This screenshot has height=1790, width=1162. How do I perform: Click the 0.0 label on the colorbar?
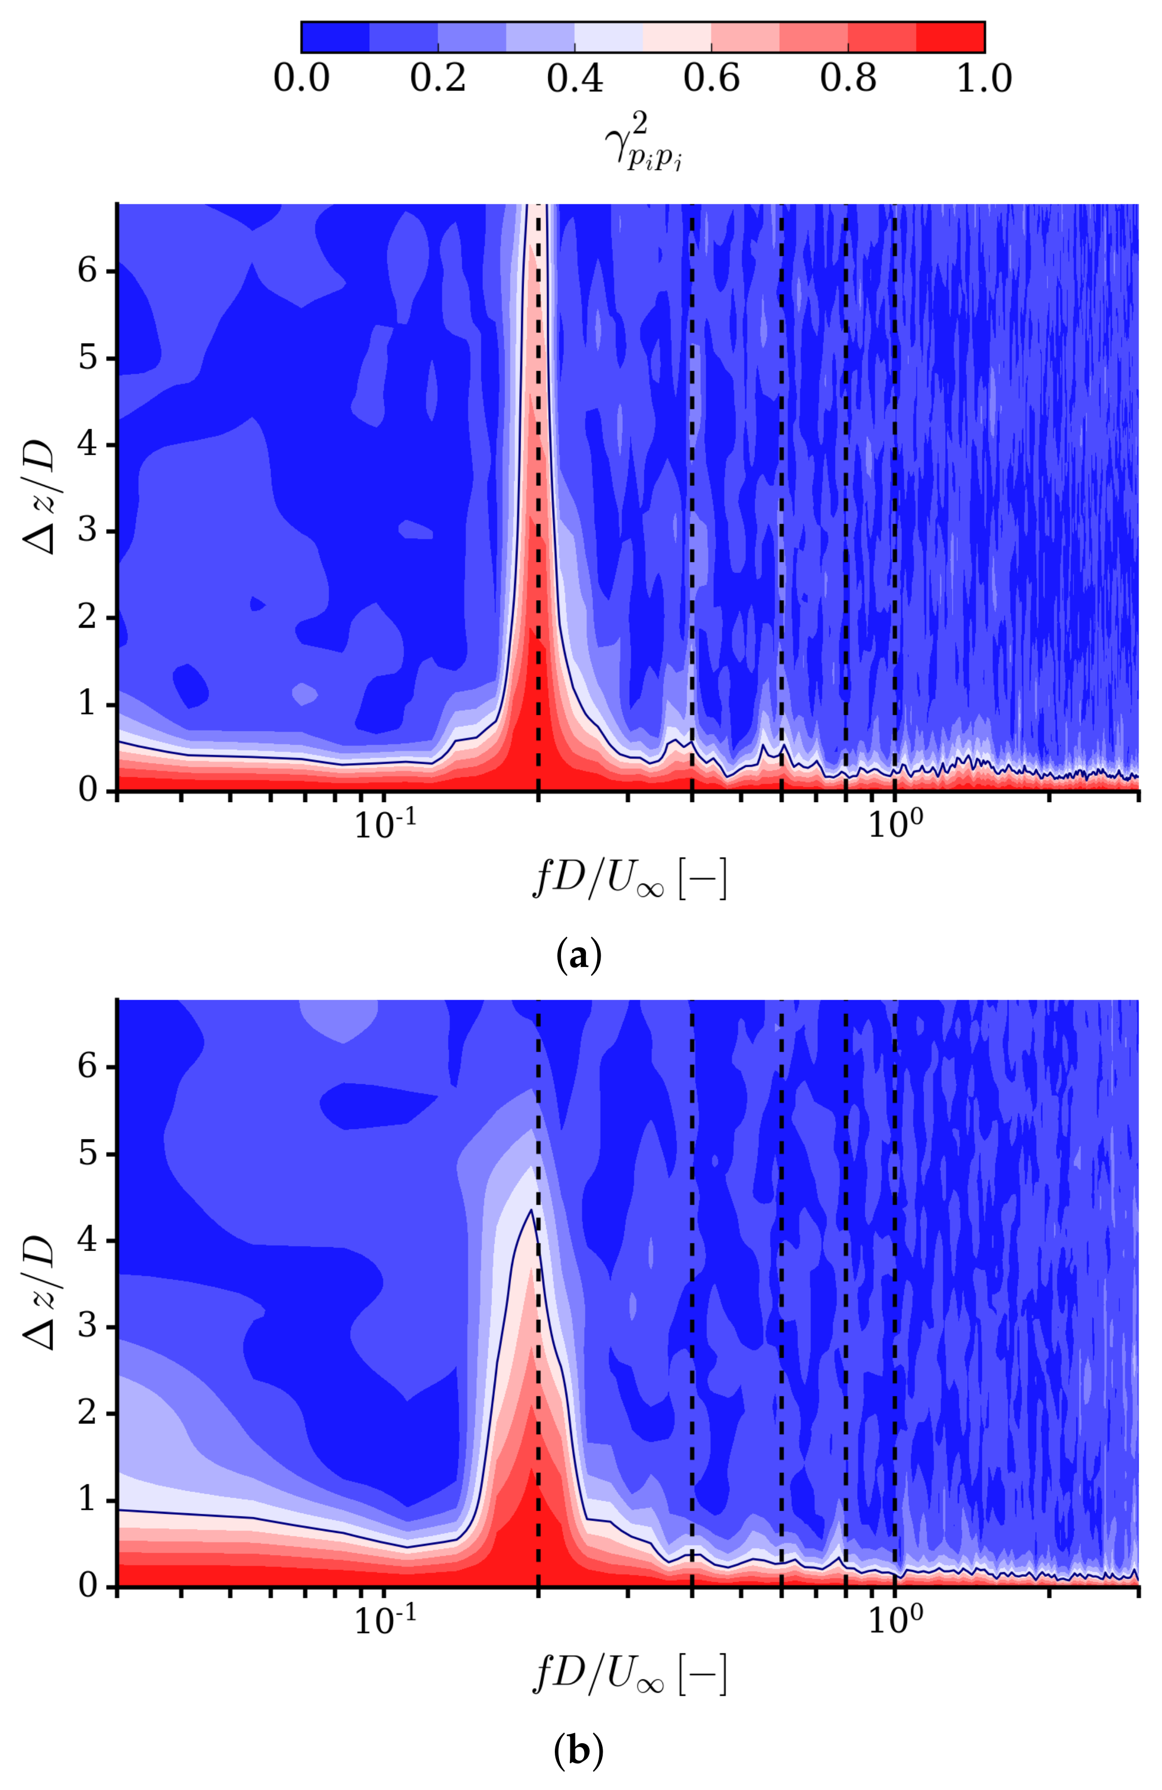[301, 77]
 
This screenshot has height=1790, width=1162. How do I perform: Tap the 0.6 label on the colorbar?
[711, 77]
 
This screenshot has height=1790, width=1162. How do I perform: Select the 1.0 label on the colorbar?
[984, 77]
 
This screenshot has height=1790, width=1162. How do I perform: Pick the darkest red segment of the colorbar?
[950, 37]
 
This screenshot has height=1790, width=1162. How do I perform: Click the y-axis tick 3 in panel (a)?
[88, 531]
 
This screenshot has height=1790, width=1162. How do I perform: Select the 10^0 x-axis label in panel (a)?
[894, 826]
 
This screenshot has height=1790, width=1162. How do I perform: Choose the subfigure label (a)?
[577, 956]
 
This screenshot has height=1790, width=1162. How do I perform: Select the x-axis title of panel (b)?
[629, 1676]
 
